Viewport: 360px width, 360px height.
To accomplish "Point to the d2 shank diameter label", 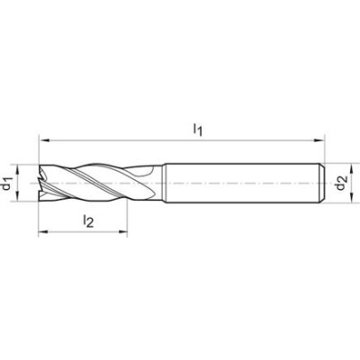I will [x=339, y=185].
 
